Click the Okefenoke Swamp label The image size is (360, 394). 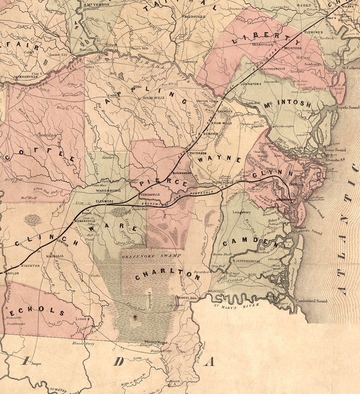[x=151, y=256]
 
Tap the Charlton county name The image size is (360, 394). [x=167, y=274]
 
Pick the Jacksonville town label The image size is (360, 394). [x=25, y=77]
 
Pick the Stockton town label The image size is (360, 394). [x=31, y=265]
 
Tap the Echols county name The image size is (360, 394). [x=36, y=311]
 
